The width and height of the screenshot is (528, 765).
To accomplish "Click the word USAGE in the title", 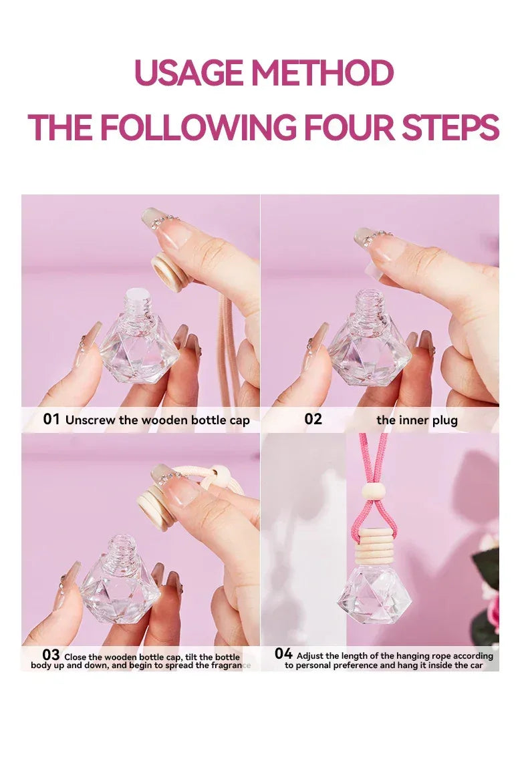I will tap(189, 73).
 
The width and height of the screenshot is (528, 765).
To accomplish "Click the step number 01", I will tap(51, 420).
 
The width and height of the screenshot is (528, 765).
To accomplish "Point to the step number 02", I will tap(313, 420).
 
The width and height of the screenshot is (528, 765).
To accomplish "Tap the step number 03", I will tap(51, 655).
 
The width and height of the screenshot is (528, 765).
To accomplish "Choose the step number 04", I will tap(283, 653).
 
